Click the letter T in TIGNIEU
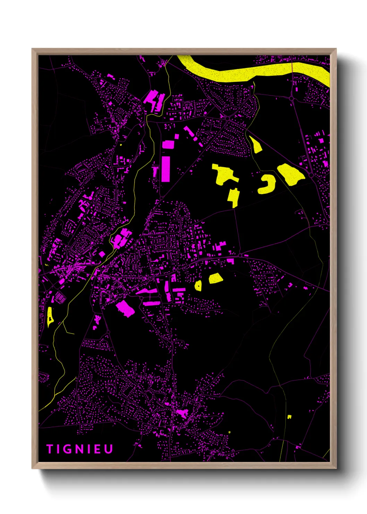[49, 449]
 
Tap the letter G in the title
[67, 449]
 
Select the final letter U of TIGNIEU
[109, 449]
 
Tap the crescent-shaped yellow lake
[267, 184]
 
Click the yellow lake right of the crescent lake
[291, 174]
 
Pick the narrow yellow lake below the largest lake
[234, 197]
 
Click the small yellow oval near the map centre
[198, 286]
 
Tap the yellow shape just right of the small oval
[215, 278]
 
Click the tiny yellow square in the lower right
[289, 416]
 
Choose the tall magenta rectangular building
[166, 169]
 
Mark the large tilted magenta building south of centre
[125, 308]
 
